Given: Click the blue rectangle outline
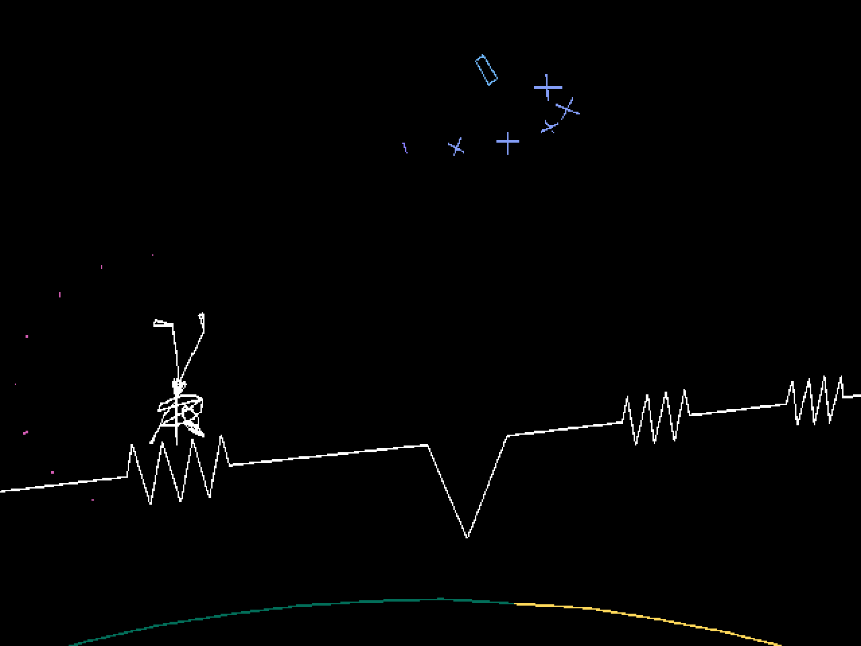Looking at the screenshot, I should [x=486, y=71].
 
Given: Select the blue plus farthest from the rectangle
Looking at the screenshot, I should [x=508, y=143].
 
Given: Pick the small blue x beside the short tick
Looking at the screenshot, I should [x=457, y=147].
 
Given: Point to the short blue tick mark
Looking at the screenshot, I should [x=405, y=147].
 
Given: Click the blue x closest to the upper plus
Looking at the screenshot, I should [x=568, y=108].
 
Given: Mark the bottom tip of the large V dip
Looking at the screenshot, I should [x=467, y=536].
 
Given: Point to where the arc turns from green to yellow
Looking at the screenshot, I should [x=515, y=604].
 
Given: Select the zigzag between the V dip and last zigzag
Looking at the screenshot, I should [x=656, y=417].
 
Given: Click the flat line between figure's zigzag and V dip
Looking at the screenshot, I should [x=330, y=455].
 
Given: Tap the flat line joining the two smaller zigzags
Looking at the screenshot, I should [x=738, y=410].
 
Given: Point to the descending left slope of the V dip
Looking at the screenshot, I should [x=447, y=491].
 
